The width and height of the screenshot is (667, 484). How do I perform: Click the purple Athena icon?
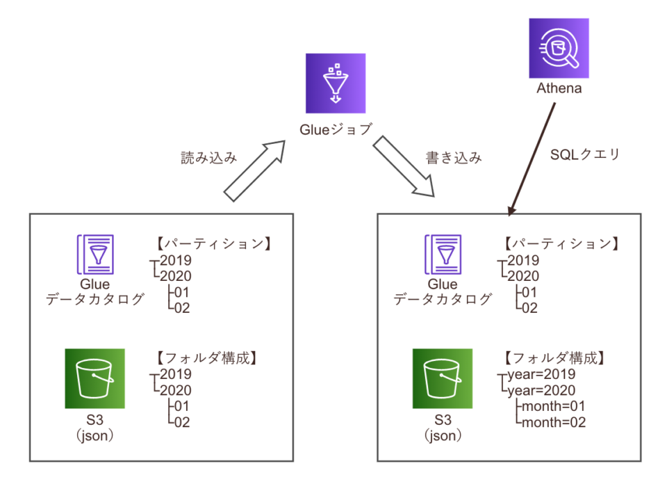click(559, 47)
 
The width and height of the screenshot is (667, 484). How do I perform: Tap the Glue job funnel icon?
click(335, 83)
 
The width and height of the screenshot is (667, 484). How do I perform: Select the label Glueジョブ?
click(336, 129)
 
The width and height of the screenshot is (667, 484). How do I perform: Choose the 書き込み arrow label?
click(453, 158)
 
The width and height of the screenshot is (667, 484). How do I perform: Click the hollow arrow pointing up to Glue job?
click(256, 169)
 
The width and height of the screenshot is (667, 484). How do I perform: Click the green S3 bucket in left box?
click(94, 378)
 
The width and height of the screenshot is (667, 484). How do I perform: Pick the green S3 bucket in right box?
click(442, 378)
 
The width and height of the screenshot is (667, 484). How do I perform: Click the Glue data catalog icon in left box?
click(94, 255)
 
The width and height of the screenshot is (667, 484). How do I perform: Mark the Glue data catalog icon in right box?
click(442, 255)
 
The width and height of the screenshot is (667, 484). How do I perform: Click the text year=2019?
click(541, 374)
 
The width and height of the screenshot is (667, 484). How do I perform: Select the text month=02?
click(553, 422)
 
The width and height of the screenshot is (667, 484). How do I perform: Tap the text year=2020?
click(541, 390)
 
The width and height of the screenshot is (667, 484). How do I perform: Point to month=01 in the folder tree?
click(553, 406)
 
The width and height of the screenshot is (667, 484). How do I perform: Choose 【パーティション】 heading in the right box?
click(559, 244)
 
